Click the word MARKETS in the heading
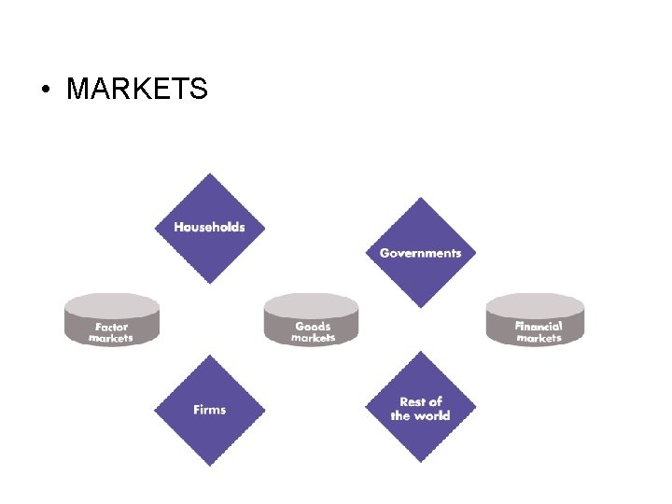pyautogui.click(x=137, y=89)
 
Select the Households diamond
pyautogui.click(x=210, y=228)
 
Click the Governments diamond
pyautogui.click(x=420, y=253)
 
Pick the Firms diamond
pyautogui.click(x=210, y=410)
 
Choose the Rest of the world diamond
pyautogui.click(x=420, y=409)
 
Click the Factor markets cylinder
pyautogui.click(x=112, y=320)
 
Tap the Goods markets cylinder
pyautogui.click(x=312, y=320)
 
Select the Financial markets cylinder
pyautogui.click(x=536, y=320)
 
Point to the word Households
pyautogui.click(x=210, y=227)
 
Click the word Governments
pyautogui.click(x=420, y=253)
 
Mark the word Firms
pyautogui.click(x=210, y=410)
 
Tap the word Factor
pyautogui.click(x=111, y=328)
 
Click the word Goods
pyautogui.click(x=313, y=327)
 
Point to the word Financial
pyautogui.click(x=539, y=327)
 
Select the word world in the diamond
pyautogui.click(x=433, y=416)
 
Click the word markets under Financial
pyautogui.click(x=539, y=338)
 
